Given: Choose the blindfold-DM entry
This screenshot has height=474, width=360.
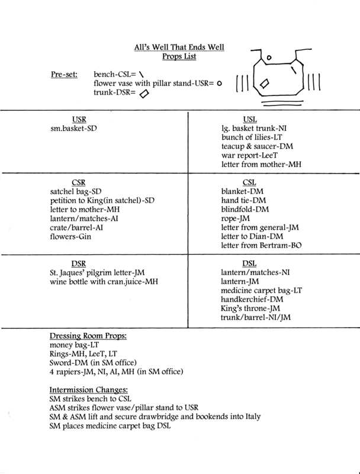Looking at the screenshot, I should [247, 210].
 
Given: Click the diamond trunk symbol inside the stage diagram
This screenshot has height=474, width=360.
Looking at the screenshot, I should [265, 85].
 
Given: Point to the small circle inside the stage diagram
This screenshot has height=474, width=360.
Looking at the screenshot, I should [268, 57].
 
